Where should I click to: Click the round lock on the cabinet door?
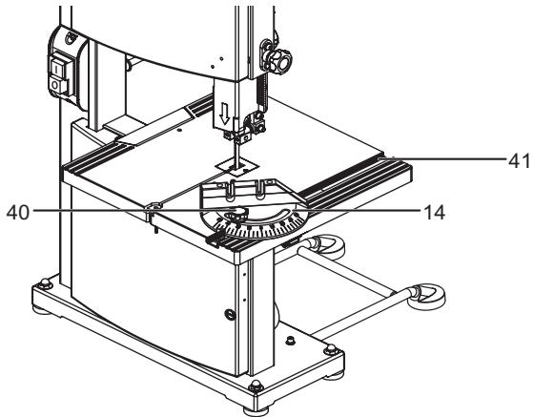[225, 314]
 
